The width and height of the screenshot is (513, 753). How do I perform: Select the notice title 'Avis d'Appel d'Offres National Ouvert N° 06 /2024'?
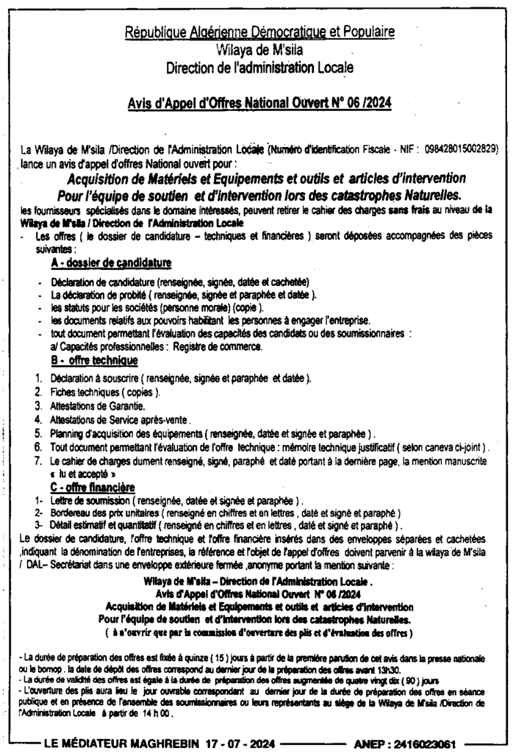coord(259,104)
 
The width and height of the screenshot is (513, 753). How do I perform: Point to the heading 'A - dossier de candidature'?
coord(112,263)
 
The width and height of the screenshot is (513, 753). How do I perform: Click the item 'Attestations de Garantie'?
coord(98,405)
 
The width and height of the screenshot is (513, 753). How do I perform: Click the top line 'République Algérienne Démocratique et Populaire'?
coord(259,32)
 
